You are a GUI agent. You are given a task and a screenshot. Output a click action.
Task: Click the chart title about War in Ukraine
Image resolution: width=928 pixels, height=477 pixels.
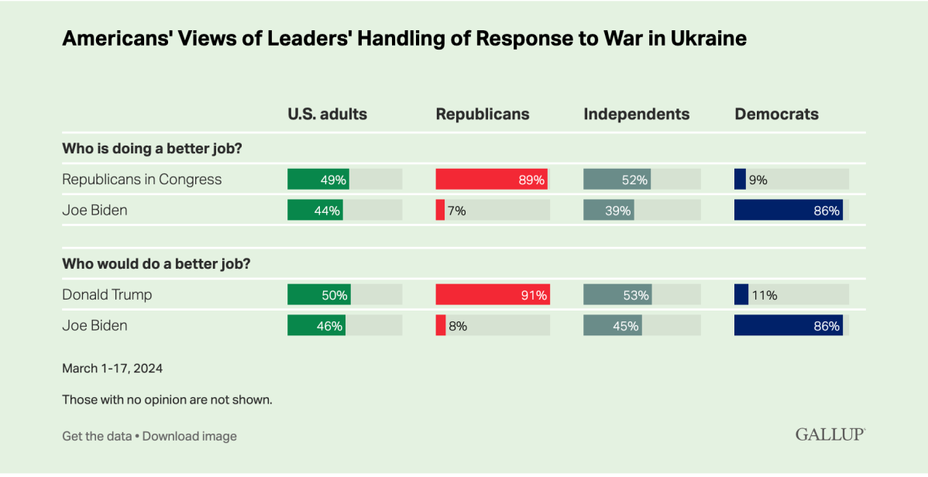[x=404, y=39]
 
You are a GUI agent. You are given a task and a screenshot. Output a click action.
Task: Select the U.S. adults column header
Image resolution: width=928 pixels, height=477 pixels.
[x=327, y=114]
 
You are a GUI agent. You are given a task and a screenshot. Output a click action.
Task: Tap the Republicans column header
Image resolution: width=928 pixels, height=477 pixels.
[x=483, y=114]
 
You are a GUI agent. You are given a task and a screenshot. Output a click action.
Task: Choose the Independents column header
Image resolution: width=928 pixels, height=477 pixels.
[x=636, y=114]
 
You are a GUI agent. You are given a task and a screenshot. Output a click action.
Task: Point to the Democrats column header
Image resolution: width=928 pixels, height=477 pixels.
[x=776, y=114]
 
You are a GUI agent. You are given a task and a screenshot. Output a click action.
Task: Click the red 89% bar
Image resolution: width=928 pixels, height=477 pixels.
[x=491, y=180]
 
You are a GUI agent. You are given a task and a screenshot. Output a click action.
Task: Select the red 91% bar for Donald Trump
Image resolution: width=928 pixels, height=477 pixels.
[x=493, y=295]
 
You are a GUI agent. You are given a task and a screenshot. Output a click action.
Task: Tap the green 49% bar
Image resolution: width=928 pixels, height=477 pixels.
[x=318, y=180]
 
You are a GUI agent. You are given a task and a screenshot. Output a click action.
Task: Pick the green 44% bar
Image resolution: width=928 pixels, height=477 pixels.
[x=315, y=210]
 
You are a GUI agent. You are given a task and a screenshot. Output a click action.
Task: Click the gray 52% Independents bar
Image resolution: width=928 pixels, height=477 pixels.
[x=617, y=180]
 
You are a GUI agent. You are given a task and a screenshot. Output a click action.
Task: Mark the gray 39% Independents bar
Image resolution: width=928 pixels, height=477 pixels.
[x=608, y=210]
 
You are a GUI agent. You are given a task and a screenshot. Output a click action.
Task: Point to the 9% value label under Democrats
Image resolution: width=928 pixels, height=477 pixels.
[x=758, y=180]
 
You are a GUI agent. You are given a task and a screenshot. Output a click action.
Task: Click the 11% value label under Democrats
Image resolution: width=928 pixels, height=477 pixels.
[x=762, y=295]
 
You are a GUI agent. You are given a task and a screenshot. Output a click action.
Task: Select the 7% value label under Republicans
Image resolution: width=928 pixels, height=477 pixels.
[x=456, y=210]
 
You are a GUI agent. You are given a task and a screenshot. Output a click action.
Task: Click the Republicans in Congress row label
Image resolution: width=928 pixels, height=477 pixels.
[x=142, y=180]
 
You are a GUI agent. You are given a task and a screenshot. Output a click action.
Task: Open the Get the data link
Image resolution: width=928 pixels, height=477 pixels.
[x=97, y=436]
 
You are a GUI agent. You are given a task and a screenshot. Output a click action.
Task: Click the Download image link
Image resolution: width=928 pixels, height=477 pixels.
[x=190, y=436]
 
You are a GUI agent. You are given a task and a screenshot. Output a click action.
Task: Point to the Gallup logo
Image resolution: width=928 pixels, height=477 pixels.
[x=830, y=434]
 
